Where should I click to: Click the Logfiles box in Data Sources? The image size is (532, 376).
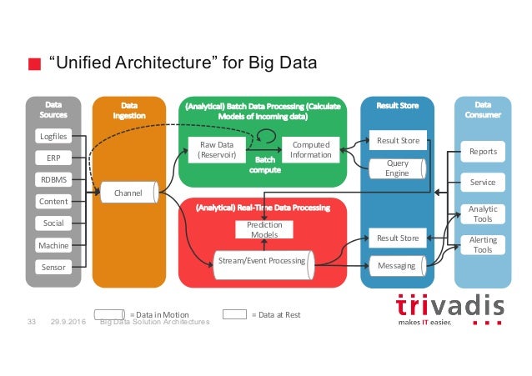click(x=53, y=136)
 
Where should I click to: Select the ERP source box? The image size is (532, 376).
click(x=53, y=158)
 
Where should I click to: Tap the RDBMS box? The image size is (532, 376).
click(x=53, y=179)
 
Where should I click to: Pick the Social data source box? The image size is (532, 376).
click(x=53, y=223)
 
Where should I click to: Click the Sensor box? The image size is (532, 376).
click(x=53, y=267)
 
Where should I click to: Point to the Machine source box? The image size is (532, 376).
click(x=53, y=245)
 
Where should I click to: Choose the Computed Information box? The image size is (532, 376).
click(x=310, y=149)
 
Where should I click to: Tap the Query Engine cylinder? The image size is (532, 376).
click(x=397, y=168)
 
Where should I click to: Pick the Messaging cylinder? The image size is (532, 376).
click(x=397, y=265)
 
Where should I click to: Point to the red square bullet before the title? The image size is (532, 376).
click(x=34, y=64)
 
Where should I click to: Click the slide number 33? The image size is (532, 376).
click(x=33, y=322)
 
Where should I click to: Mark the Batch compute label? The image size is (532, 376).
click(x=265, y=164)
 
